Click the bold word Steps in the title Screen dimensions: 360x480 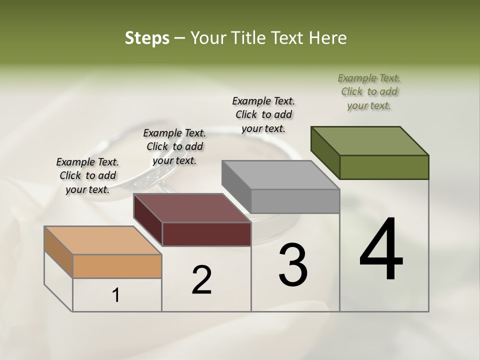(x=147, y=38)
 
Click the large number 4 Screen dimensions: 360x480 (x=381, y=250)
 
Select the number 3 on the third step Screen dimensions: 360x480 (x=292, y=265)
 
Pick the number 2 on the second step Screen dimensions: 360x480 (x=201, y=279)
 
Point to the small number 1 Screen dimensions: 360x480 (x=116, y=295)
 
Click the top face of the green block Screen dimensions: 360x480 (x=370, y=141)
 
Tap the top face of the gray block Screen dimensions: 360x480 (x=280, y=175)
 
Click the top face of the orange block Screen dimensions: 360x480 (x=103, y=240)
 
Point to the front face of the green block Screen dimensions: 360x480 (x=384, y=167)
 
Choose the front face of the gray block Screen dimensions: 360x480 (x=295, y=201)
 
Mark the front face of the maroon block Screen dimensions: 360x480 (x=206, y=234)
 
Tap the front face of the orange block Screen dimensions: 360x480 (x=117, y=266)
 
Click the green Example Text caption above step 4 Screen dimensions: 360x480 (x=369, y=91)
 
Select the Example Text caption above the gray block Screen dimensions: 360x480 (x=263, y=114)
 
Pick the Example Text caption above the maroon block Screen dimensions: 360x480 (x=174, y=146)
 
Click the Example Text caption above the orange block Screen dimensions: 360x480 (x=87, y=175)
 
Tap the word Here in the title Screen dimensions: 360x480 (x=329, y=38)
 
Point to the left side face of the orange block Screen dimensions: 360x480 (x=58, y=251)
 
